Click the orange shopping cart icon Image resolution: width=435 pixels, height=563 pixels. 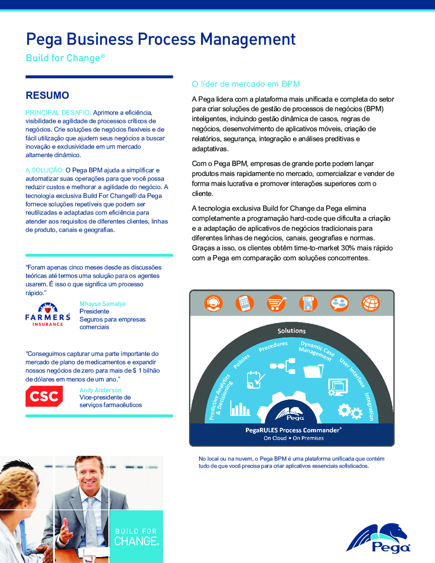tap(276, 303)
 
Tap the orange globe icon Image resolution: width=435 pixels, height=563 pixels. tap(370, 303)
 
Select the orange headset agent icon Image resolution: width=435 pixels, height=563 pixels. tap(213, 303)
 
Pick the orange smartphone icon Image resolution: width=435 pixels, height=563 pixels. tap(245, 303)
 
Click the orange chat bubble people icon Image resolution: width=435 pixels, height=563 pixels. tap(339, 303)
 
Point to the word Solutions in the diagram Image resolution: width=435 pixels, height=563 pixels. tap(291, 331)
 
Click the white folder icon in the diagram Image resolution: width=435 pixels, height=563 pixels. tap(314, 371)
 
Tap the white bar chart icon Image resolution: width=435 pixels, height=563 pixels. tap(240, 408)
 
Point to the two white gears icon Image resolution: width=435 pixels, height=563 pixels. tap(350, 411)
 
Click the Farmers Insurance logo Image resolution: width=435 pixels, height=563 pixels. tap(48, 315)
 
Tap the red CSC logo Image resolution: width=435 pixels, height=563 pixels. tap(44, 396)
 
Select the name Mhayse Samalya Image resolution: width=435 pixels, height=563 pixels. tap(102, 304)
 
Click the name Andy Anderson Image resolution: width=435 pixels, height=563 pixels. tap(100, 390)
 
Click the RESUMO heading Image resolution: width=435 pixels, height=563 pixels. tap(47, 96)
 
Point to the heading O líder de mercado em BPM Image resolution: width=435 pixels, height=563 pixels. tap(246, 84)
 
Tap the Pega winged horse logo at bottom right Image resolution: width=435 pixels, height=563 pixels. tap(379, 539)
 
